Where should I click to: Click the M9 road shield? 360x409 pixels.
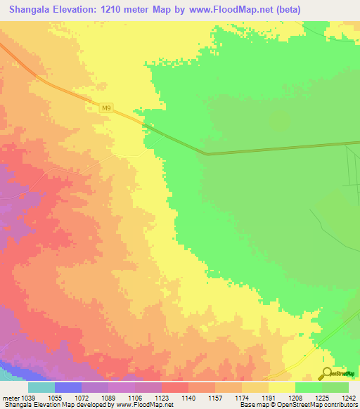point(105,108)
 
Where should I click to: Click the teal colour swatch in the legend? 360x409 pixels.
point(41,387)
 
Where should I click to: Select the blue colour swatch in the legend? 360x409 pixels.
point(68,387)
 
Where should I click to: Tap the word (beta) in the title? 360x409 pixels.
point(335,9)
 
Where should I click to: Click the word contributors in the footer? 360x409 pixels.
point(340,405)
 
